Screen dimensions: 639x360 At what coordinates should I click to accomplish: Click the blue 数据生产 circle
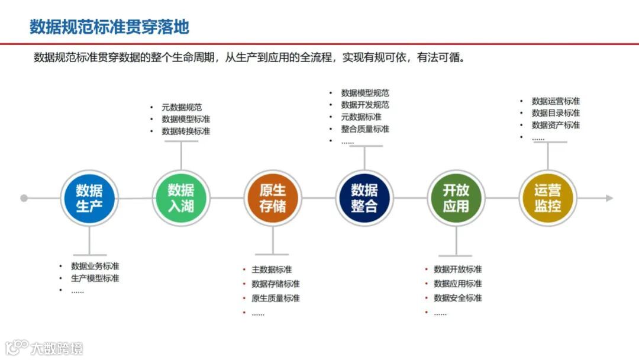89,198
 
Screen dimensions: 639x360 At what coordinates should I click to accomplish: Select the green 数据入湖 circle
181,198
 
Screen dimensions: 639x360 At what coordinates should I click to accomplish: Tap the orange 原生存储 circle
273,198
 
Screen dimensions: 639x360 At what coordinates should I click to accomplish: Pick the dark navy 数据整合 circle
364,198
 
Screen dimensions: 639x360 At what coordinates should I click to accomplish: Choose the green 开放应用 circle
456,198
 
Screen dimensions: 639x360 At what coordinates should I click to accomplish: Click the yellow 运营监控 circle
548,198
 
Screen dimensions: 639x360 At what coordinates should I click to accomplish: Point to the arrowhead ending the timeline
609,198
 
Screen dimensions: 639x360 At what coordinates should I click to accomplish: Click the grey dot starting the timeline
24,198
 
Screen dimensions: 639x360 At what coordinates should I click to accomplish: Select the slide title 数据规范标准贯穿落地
109,27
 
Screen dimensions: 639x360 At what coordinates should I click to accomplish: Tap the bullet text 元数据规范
182,107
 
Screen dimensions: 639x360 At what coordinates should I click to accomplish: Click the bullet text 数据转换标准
186,131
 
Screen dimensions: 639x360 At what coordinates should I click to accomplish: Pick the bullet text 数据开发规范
365,105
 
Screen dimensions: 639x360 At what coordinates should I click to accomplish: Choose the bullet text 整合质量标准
365,128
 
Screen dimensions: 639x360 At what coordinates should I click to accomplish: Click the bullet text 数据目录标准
556,112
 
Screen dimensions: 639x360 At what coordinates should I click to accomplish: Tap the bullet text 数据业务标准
95,266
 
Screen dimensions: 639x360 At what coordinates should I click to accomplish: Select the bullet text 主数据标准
272,269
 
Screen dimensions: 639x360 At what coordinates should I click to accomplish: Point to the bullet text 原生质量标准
276,298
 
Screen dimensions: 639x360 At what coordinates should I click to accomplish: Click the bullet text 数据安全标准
458,298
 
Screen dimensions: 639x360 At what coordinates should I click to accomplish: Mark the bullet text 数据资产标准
556,124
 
